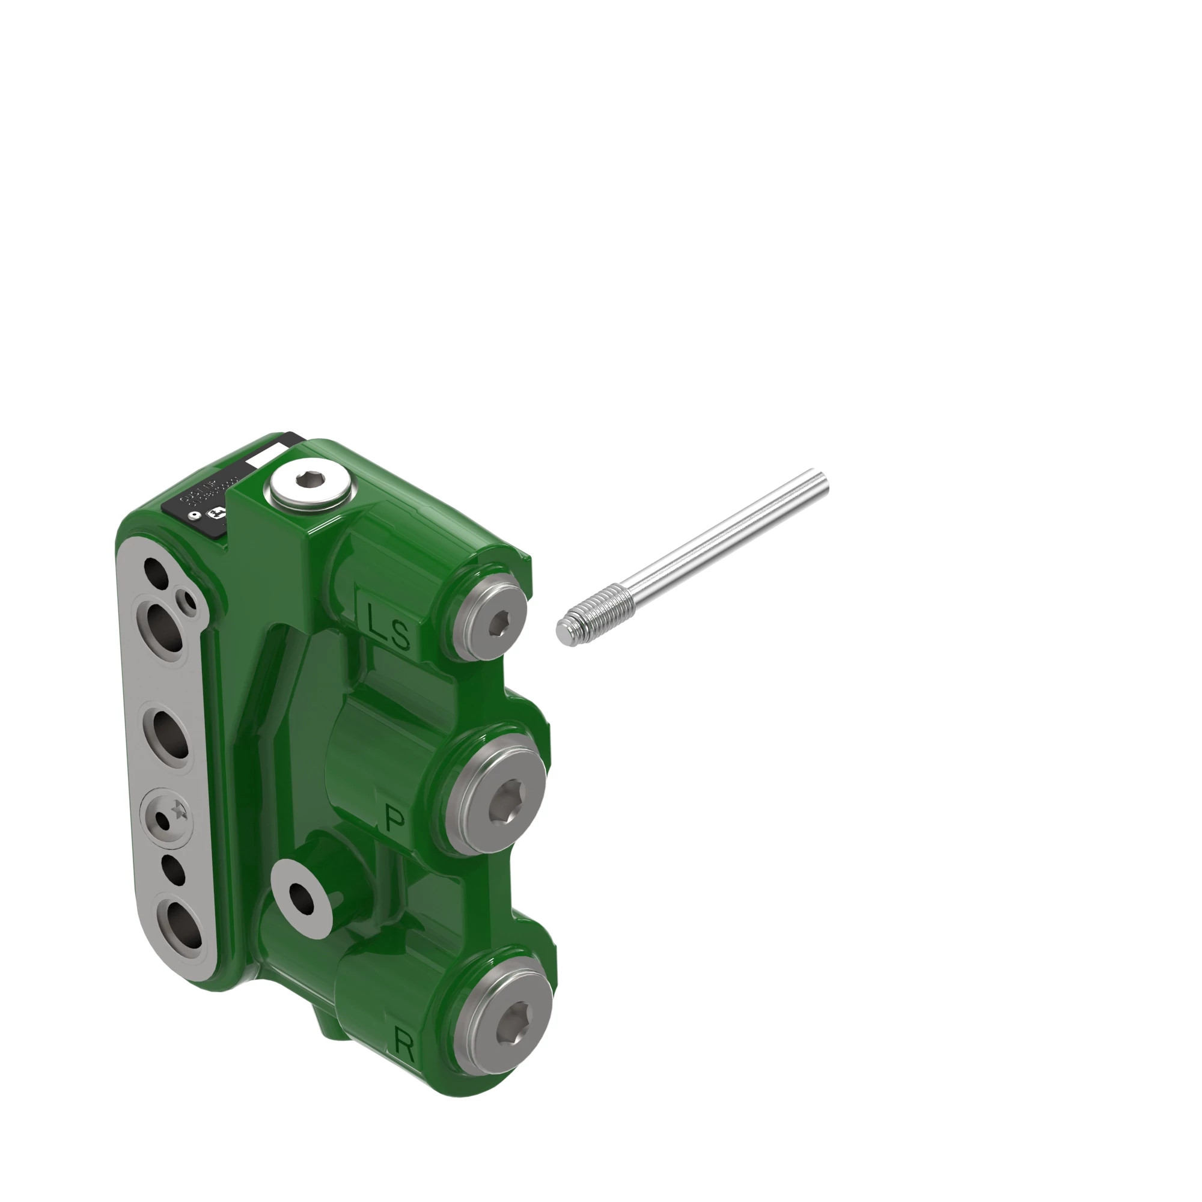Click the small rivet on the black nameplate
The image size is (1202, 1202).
click(x=194, y=516)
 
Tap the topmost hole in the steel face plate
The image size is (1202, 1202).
click(x=156, y=573)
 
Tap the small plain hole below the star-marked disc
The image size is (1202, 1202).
click(x=173, y=870)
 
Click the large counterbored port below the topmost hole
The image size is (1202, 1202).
click(x=163, y=630)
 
